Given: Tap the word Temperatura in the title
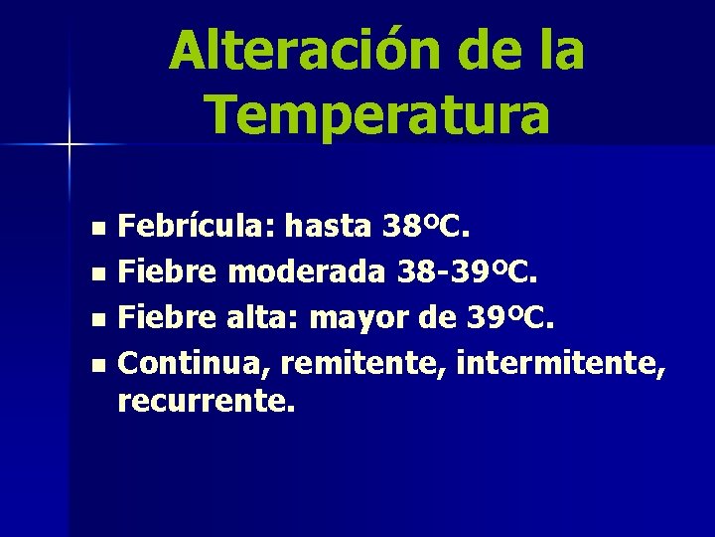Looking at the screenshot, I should pyautogui.click(x=379, y=114).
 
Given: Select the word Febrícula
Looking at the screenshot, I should pyautogui.click(x=195, y=228).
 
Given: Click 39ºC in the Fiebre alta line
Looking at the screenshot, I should pyautogui.click(x=514, y=319).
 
